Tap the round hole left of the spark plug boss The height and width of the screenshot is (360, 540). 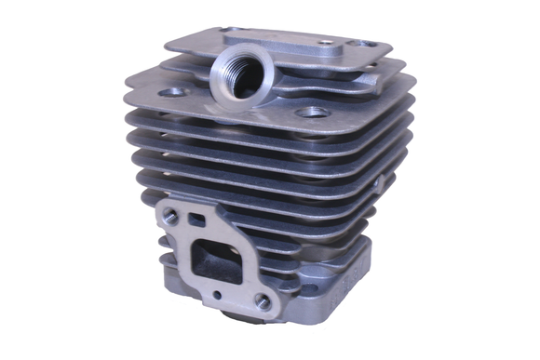(172, 92)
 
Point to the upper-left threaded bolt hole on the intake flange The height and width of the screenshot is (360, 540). (170, 216)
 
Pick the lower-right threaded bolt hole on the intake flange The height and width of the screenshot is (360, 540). (263, 301)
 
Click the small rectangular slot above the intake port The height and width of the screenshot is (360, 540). (197, 221)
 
